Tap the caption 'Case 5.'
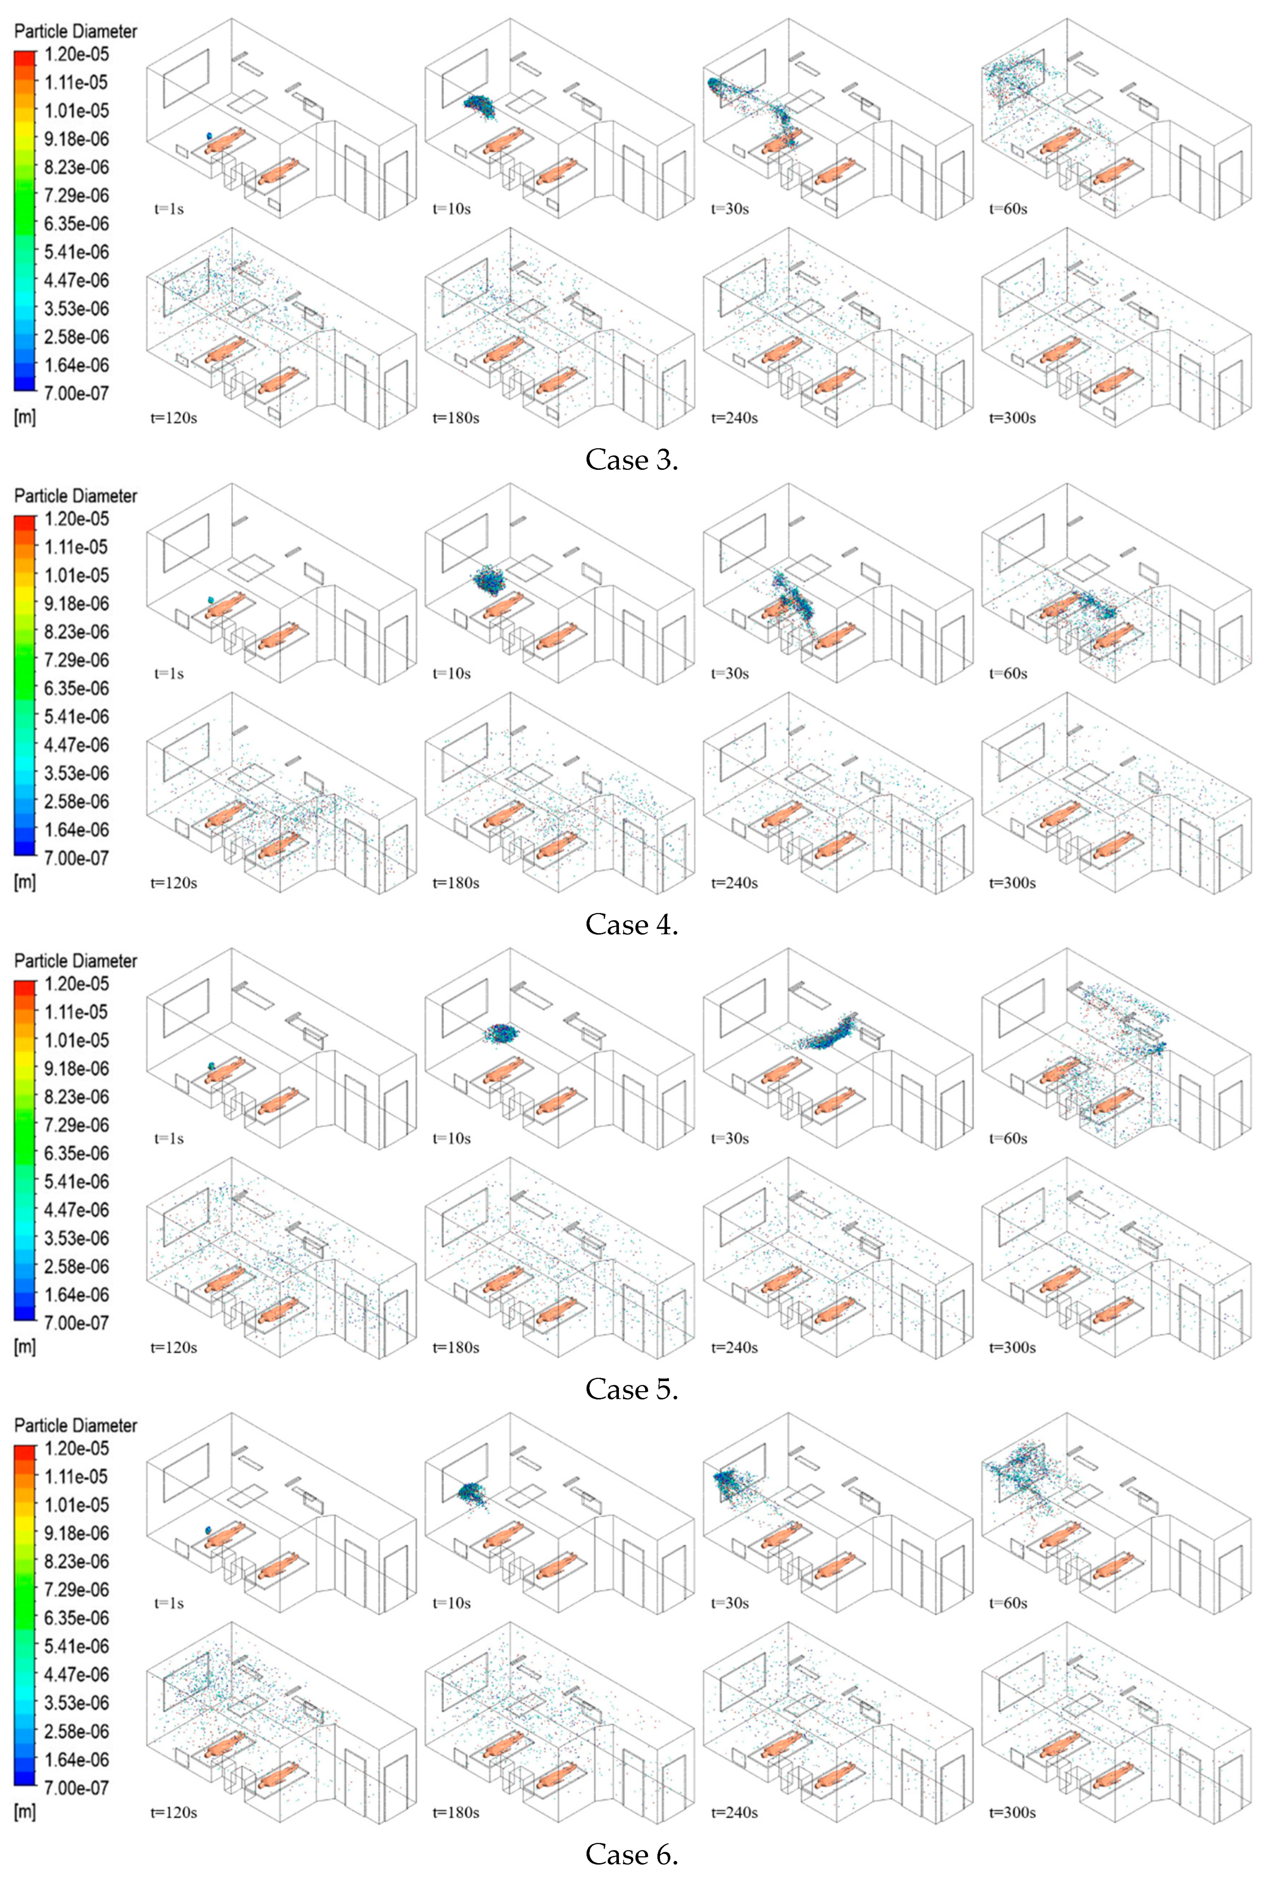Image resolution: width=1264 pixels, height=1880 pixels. [x=631, y=1389]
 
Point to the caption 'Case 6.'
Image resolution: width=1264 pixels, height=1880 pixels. [x=631, y=1853]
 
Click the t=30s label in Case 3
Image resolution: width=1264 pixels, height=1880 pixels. [x=730, y=209]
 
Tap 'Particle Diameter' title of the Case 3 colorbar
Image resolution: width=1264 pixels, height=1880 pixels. [x=75, y=31]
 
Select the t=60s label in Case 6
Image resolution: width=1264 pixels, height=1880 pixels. [x=1008, y=1603]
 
